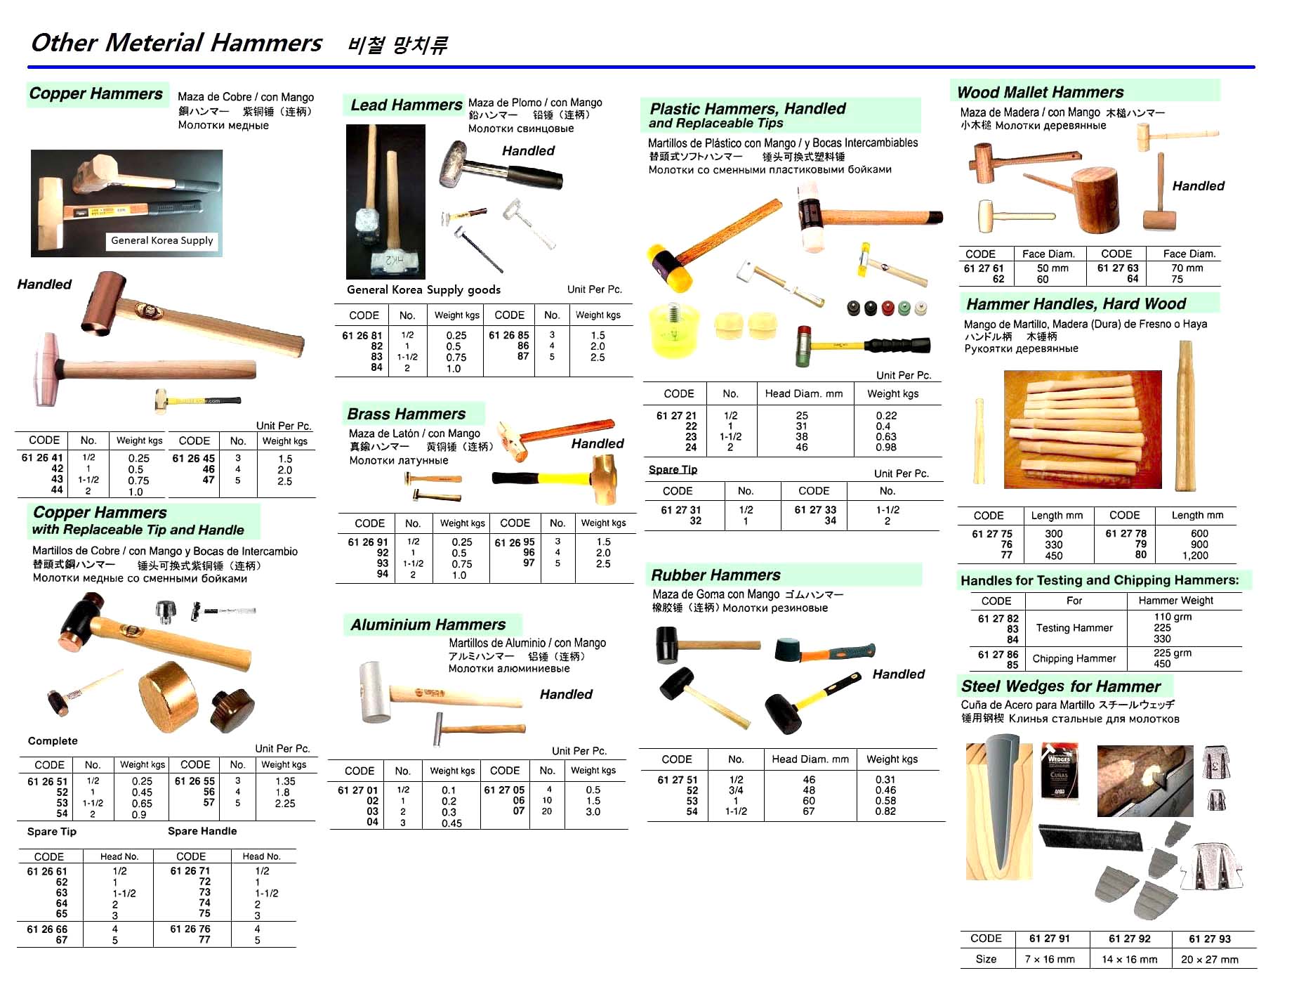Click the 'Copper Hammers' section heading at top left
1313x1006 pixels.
pos(96,94)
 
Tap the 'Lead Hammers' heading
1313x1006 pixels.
pos(406,105)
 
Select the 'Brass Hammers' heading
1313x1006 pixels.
pos(407,414)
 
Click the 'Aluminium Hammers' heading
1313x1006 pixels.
pos(428,625)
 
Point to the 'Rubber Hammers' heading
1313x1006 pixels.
pos(715,575)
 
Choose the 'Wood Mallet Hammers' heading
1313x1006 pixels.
pos(1040,93)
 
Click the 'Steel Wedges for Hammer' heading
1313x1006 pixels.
pos(1060,686)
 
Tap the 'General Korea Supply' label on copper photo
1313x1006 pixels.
pos(161,241)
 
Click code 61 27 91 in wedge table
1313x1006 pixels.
pos(1050,939)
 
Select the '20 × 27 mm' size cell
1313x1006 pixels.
pos(1209,960)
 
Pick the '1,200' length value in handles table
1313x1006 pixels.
pos(1195,556)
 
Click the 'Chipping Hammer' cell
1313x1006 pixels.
pos(1074,658)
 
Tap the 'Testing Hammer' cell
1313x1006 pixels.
pos(1074,628)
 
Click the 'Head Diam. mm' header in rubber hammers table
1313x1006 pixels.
pos(810,759)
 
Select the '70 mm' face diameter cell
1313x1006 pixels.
pos(1187,268)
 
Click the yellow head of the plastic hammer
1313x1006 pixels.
pos(664,265)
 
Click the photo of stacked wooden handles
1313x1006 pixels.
pos(1082,429)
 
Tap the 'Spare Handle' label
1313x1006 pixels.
pos(202,831)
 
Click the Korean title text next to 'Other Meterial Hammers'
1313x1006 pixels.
pos(397,46)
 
